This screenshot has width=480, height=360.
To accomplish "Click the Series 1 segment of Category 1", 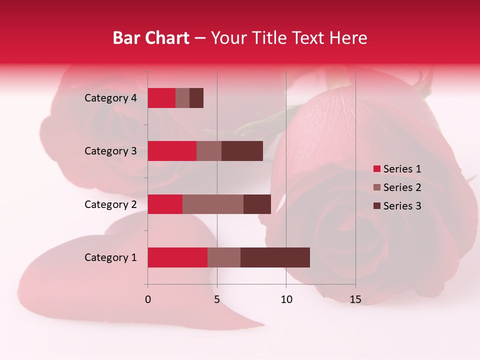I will tap(177, 257).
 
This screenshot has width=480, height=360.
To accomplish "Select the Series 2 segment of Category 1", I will tap(224, 257).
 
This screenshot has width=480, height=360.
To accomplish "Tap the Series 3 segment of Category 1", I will tap(275, 257).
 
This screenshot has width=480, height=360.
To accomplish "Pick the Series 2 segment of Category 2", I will tap(213, 204).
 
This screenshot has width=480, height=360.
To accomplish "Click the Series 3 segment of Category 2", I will tap(257, 204).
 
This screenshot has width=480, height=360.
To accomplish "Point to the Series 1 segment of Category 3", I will tap(172, 151).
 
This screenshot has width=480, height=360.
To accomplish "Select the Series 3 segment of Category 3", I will tap(242, 151).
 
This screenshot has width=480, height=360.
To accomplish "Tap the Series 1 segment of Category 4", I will tap(161, 98).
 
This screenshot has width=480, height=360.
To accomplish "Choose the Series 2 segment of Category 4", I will tap(182, 98).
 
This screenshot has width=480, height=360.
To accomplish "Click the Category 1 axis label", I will tap(110, 257).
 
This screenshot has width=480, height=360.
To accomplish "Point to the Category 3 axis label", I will tap(110, 151).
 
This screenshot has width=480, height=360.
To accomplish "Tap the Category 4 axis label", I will tap(110, 98).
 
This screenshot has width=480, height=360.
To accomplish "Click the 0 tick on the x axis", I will tap(148, 299).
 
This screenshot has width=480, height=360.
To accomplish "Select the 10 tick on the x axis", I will tap(286, 299).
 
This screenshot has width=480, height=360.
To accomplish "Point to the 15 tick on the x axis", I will tap(355, 299).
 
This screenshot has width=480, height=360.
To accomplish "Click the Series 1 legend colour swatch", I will tap(377, 169).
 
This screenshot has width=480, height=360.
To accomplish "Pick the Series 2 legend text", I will tap(402, 187).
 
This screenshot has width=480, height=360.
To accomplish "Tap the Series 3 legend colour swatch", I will tap(377, 206).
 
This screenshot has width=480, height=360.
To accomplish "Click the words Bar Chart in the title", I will tap(151, 38).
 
